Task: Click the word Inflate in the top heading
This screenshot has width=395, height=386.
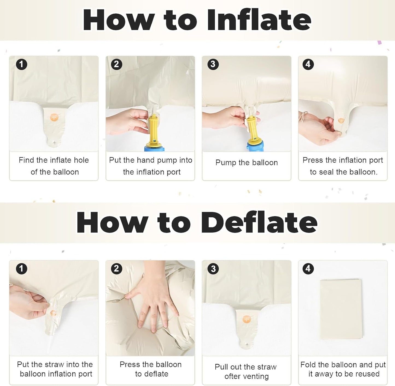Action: [259, 20]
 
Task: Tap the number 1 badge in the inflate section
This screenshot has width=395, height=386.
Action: [22, 64]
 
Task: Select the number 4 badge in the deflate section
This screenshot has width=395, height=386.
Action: [308, 269]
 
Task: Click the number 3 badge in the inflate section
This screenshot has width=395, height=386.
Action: [213, 64]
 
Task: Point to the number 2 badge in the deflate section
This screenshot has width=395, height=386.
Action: [116, 269]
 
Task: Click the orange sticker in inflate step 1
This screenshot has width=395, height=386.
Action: [54, 117]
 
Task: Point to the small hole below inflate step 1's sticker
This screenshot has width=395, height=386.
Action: [54, 142]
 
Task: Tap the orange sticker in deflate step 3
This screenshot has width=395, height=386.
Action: [247, 320]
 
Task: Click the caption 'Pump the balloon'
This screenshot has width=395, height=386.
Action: [247, 163]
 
